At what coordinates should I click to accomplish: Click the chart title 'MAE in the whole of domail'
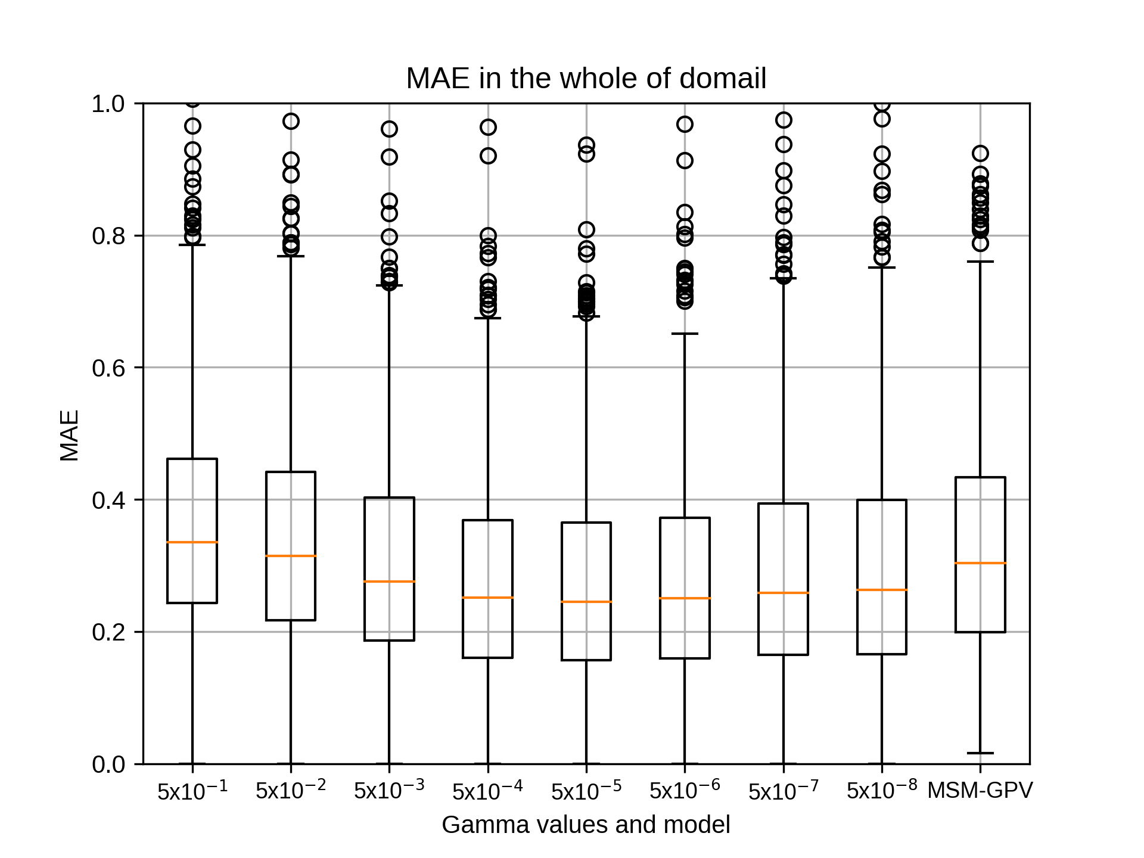[x=586, y=79]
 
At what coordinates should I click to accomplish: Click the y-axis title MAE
[x=70, y=436]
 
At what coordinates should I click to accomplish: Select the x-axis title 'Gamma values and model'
[x=586, y=825]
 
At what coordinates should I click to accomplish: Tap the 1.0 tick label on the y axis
[x=108, y=104]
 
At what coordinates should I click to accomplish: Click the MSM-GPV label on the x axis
[x=980, y=791]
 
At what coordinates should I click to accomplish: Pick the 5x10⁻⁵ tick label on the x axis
[x=586, y=790]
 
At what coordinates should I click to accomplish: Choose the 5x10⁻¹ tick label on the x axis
[x=192, y=790]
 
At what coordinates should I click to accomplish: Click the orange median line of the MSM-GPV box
[x=980, y=563]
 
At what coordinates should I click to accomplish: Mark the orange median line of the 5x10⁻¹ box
[x=192, y=542]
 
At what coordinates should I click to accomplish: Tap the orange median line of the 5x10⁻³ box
[x=389, y=582]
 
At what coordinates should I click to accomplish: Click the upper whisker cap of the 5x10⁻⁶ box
[x=685, y=334]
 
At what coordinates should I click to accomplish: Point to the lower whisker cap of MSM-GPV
[x=980, y=753]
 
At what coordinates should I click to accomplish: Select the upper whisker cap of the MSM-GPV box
[x=980, y=262]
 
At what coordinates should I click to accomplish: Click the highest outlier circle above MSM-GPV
[x=980, y=154]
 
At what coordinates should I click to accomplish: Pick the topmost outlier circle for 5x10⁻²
[x=291, y=122]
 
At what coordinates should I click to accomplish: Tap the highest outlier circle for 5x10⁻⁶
[x=685, y=125]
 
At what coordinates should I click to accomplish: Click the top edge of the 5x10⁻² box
[x=291, y=472]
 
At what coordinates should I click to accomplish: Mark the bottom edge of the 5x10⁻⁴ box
[x=488, y=658]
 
